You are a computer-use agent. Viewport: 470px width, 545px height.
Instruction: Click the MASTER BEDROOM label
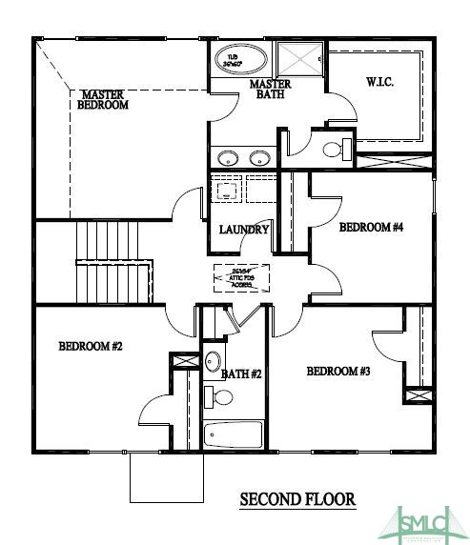[105, 100]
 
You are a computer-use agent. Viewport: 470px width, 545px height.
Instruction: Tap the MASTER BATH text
[270, 91]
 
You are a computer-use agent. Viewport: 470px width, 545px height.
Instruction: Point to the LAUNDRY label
[244, 230]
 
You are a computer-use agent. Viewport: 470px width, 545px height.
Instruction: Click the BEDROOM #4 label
[372, 228]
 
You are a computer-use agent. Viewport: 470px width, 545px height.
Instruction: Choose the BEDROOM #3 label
[338, 371]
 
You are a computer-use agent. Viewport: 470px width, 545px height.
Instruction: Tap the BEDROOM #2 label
[91, 347]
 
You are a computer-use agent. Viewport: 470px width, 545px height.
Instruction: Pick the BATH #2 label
[241, 374]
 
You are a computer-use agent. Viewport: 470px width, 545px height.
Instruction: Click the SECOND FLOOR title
[297, 499]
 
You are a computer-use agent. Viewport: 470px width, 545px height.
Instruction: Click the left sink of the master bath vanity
[227, 158]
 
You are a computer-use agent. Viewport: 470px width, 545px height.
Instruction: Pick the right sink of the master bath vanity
[258, 158]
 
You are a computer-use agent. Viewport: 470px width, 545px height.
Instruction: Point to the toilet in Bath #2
[212, 395]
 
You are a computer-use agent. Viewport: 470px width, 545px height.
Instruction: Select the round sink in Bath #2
[214, 362]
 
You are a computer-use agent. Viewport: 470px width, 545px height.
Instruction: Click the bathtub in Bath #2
[235, 435]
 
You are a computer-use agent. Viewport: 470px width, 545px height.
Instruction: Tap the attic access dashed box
[241, 277]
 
